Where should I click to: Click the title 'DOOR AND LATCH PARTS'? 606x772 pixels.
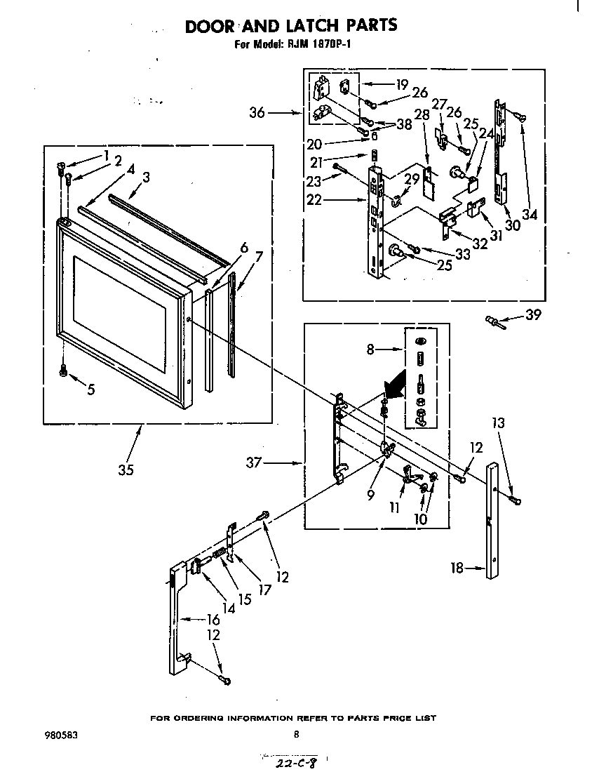(290, 25)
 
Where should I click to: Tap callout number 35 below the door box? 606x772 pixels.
(126, 470)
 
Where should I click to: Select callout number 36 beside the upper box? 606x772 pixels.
(257, 112)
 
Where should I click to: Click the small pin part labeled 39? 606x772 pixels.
(494, 321)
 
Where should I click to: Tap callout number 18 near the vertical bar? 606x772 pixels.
(457, 568)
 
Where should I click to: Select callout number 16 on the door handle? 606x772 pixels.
(213, 619)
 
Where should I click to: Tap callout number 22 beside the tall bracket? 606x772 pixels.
(315, 199)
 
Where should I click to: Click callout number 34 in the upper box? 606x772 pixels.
(529, 215)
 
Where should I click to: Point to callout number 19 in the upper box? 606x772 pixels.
(402, 85)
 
